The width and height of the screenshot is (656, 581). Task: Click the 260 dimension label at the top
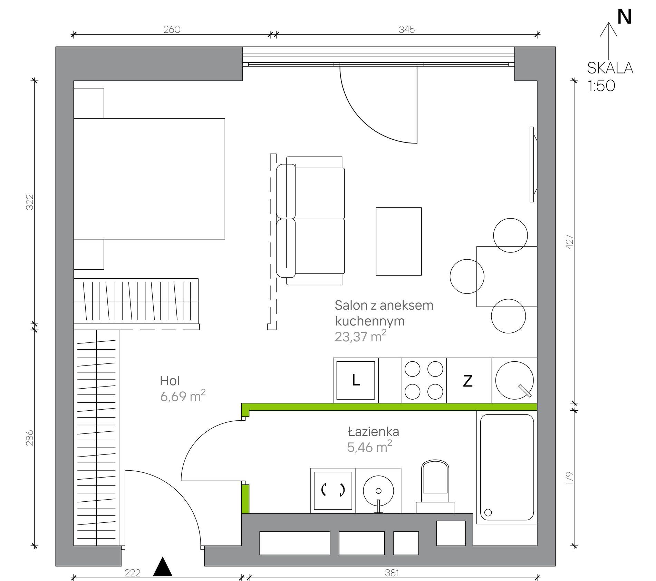click(x=172, y=30)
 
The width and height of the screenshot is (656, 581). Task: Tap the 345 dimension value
click(x=406, y=30)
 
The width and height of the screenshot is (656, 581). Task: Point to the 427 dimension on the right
click(x=569, y=242)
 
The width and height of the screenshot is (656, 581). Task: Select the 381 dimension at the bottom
click(x=392, y=573)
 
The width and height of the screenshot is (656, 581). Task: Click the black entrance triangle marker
click(x=163, y=567)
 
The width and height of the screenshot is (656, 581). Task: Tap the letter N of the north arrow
click(x=624, y=17)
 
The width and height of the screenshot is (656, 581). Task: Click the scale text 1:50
click(x=601, y=86)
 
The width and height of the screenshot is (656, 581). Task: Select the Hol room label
click(x=170, y=381)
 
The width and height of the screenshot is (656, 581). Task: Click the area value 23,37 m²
click(x=360, y=336)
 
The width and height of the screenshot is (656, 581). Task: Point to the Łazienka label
click(x=373, y=431)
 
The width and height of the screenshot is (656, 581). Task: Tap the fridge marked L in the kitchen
click(x=356, y=380)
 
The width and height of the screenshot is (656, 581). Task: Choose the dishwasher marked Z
click(x=469, y=380)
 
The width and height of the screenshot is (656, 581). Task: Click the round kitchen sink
click(x=514, y=380)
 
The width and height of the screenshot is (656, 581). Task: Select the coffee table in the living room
click(x=399, y=241)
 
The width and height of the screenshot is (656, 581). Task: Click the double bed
click(x=149, y=179)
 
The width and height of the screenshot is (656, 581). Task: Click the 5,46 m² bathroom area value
click(x=369, y=447)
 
